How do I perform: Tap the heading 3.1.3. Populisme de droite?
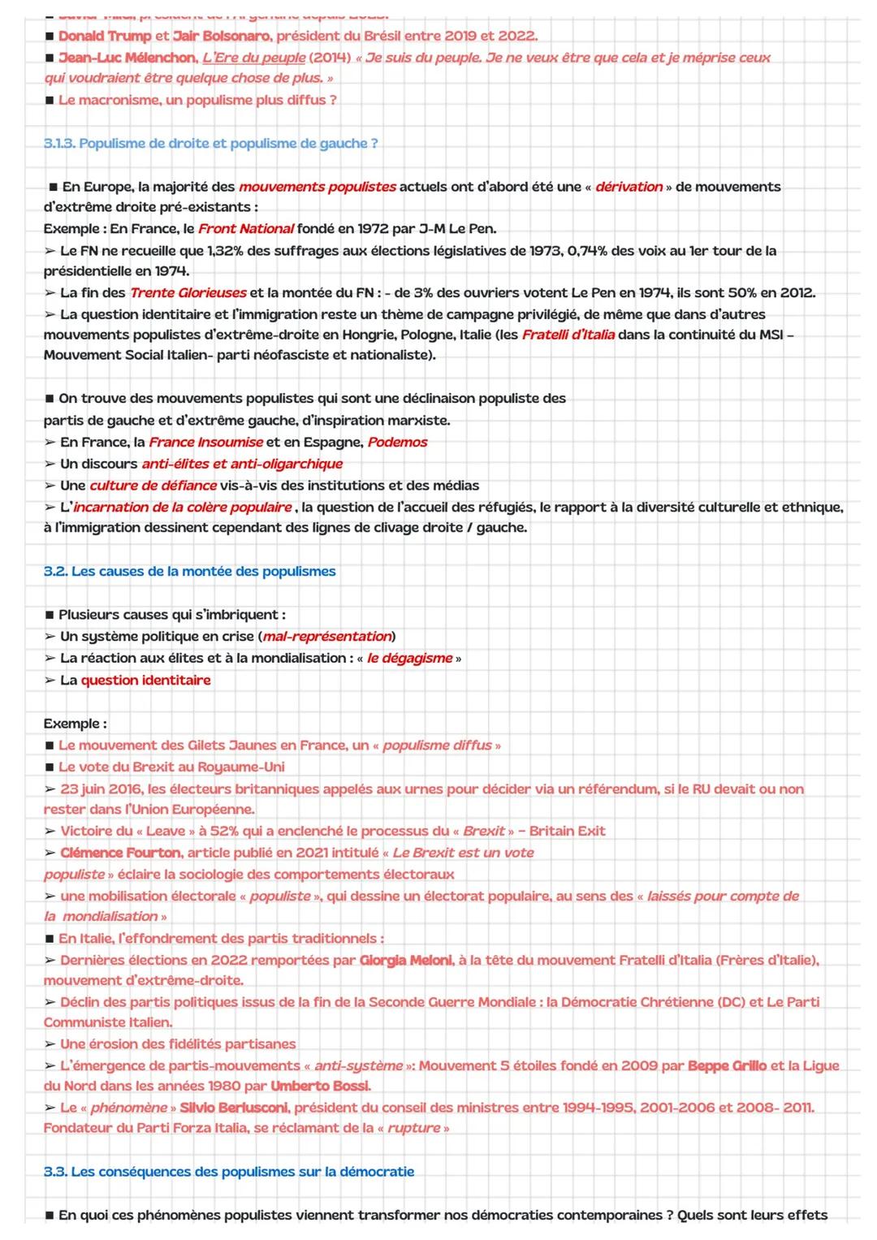point(210,144)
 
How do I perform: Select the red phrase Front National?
point(245,229)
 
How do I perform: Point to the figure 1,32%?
point(225,251)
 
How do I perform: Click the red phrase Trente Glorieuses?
point(188,293)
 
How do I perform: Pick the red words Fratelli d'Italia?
point(568,335)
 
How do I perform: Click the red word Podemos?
point(397,443)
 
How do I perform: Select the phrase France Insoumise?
point(205,443)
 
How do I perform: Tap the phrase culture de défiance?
point(153,486)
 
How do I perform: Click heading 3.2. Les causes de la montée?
point(189,572)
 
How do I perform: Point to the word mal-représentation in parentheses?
point(327,637)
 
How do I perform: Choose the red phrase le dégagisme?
point(409,659)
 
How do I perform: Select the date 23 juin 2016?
point(101,789)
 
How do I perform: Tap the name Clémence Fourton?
point(120,853)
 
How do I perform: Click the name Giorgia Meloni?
point(405,961)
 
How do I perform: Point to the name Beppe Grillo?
point(727,1065)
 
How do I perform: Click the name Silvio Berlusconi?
point(233,1108)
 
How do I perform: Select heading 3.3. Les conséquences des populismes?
point(229,1172)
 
